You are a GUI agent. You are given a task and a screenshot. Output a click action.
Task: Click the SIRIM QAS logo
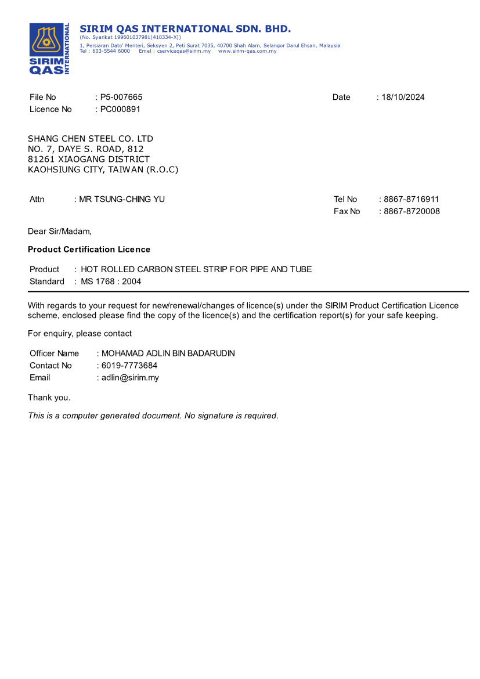[x=49, y=49]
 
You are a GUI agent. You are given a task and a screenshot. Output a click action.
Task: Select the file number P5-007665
[x=121, y=97]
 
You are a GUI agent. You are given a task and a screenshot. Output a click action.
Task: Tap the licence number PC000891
[x=120, y=109]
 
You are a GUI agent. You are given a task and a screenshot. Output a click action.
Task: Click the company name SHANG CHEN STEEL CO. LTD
[x=91, y=139]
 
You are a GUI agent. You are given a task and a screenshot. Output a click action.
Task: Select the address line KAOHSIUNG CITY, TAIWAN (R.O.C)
[x=103, y=170]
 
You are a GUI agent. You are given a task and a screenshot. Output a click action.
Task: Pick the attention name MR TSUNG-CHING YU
[x=122, y=200]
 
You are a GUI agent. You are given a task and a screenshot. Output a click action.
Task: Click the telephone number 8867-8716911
[x=412, y=200]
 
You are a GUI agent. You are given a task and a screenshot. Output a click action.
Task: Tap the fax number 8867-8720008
[x=412, y=212]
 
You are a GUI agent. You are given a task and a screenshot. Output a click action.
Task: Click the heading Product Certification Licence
[x=89, y=250]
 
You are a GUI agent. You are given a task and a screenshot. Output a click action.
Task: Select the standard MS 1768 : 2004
[x=111, y=281]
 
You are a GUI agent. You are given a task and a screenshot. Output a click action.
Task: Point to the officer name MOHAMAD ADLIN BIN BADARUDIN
[x=168, y=353]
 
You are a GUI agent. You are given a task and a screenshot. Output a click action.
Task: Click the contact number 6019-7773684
[x=129, y=366]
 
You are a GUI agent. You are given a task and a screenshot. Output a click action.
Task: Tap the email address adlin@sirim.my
[x=130, y=378]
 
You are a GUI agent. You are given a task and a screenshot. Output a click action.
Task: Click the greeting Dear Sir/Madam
[x=60, y=232]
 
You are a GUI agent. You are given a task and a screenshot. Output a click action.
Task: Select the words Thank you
[x=49, y=398]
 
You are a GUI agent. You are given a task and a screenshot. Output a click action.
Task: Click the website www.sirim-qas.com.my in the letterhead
[x=247, y=51]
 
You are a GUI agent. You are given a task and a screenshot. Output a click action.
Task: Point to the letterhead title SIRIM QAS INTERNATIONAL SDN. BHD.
[x=185, y=29]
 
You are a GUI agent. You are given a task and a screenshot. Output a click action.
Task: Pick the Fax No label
[x=347, y=212]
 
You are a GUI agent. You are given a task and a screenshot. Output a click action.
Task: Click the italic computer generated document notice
[x=153, y=416]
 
